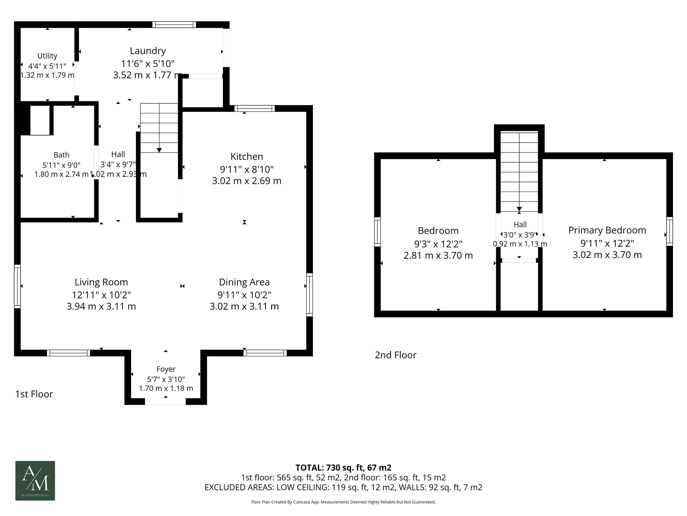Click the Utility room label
click(x=47, y=56)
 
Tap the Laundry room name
click(x=148, y=51)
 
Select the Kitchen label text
click(x=247, y=156)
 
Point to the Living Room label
click(x=101, y=282)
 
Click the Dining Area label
click(x=244, y=282)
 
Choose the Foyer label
click(x=166, y=369)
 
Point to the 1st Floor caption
click(x=34, y=394)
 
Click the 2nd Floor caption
click(x=395, y=355)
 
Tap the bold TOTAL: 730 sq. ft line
click(x=343, y=467)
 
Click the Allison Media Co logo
click(x=35, y=481)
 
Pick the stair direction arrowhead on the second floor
click(x=519, y=209)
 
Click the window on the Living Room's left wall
click(x=17, y=286)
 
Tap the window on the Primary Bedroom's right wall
click(x=670, y=231)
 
